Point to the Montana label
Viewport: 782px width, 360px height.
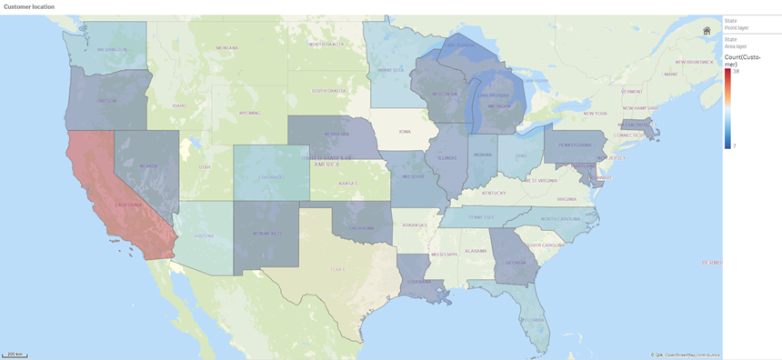tap(226, 47)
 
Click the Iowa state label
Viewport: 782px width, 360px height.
tap(405, 131)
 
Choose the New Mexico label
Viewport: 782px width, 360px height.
tap(267, 234)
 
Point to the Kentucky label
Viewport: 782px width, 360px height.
tap(494, 193)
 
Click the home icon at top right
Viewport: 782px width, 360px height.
tap(707, 30)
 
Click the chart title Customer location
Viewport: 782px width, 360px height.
tap(29, 6)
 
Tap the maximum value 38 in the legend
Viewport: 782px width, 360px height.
tap(736, 71)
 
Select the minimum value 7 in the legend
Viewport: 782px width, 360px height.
tap(735, 145)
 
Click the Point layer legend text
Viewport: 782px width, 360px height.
tap(736, 28)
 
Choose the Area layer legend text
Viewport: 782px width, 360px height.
tap(736, 45)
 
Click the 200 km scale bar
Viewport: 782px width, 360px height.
tap(14, 354)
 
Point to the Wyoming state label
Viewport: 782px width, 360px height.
tap(249, 114)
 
